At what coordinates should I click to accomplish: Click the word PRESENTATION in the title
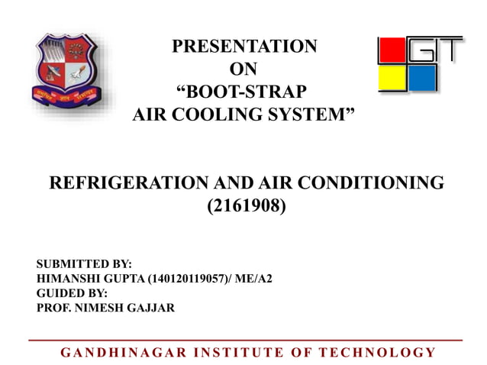243,47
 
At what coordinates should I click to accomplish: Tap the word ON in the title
243,69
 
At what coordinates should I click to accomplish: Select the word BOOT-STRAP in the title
243,93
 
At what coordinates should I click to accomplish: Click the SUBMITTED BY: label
84,264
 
